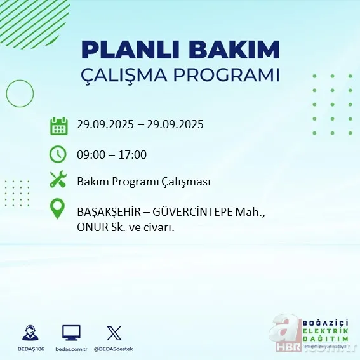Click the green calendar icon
[x=58, y=126]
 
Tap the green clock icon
[x=58, y=154]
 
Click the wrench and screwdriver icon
[x=58, y=180]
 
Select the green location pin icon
[x=58, y=210]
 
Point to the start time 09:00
[x=91, y=154]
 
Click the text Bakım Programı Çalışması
[x=143, y=182]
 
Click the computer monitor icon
[x=71, y=332]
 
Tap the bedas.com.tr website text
[x=71, y=349]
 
